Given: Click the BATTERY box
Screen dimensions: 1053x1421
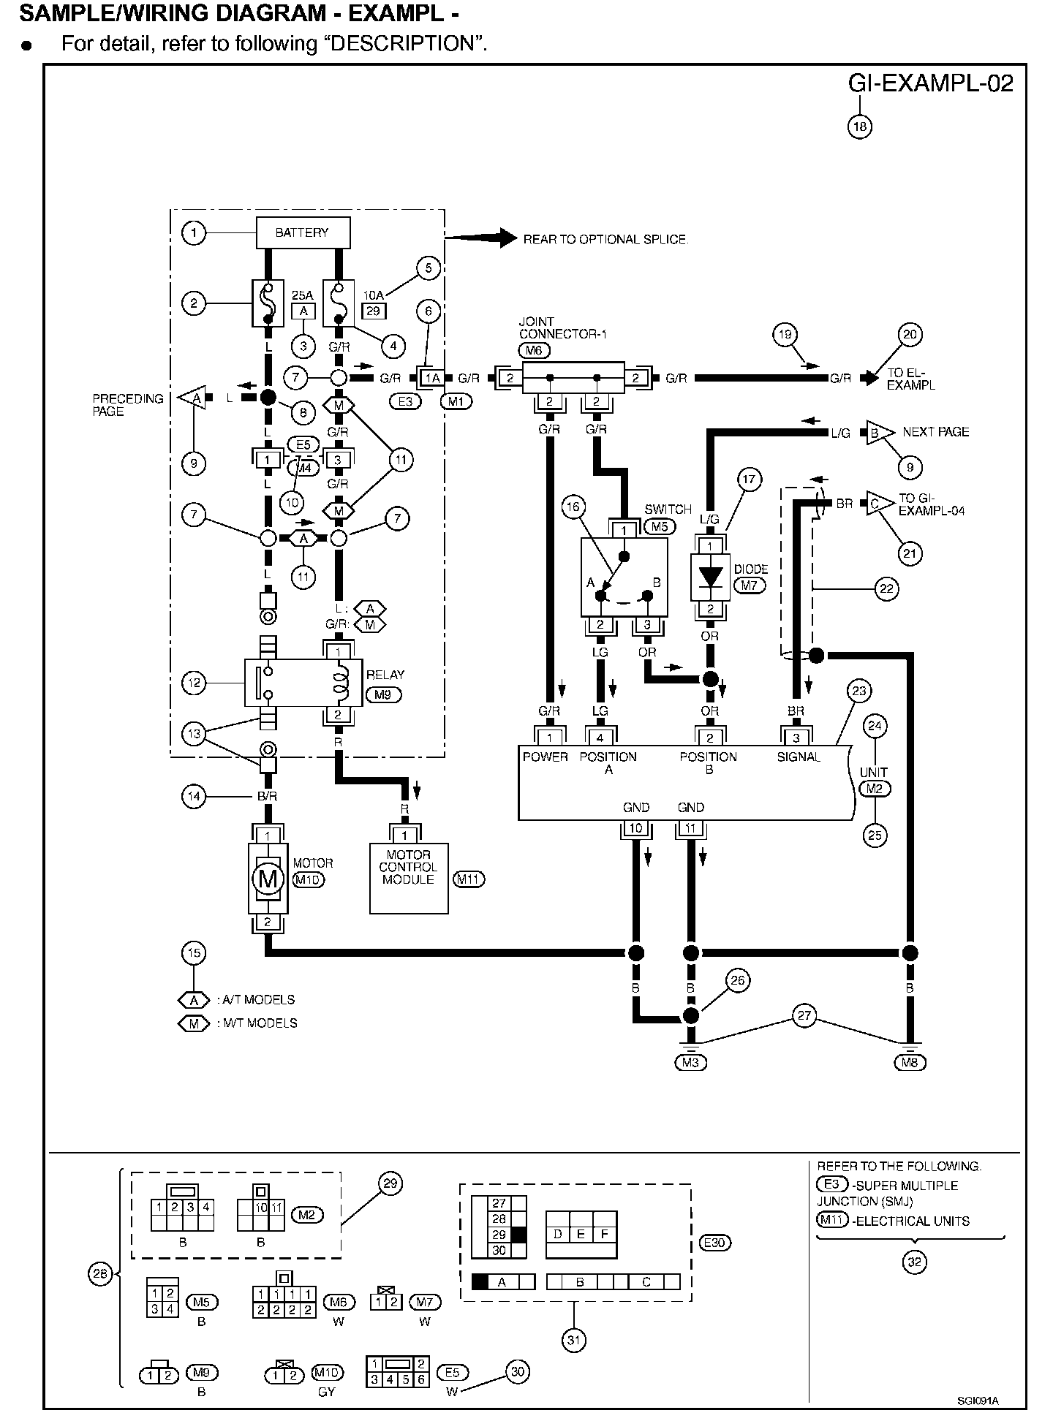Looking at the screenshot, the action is (x=302, y=233).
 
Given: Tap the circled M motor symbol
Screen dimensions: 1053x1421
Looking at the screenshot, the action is (x=268, y=878).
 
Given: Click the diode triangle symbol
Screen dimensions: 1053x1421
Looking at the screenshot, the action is (x=709, y=577).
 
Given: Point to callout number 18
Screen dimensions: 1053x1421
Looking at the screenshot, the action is (x=860, y=126).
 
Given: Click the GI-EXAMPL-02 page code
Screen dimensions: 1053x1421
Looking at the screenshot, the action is (x=931, y=84).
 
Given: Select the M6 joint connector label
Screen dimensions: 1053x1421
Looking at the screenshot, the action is (x=535, y=350).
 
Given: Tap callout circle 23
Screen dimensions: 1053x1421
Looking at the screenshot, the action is (x=858, y=691).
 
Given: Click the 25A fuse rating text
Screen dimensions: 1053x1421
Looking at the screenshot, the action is (x=303, y=295).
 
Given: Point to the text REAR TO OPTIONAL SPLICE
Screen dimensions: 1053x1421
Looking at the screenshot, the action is (x=605, y=240).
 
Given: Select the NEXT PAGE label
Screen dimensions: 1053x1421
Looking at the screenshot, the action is (x=936, y=432).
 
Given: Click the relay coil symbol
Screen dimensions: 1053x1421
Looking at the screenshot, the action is (x=339, y=683).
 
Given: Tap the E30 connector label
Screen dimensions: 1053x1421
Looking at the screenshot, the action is (x=716, y=1242).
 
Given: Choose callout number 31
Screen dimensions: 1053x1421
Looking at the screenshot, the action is (x=574, y=1340).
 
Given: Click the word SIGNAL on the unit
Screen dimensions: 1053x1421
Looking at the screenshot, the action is (x=799, y=757).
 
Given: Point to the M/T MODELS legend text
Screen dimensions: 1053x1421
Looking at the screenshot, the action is (x=257, y=1023).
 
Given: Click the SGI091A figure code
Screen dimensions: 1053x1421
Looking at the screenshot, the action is (x=978, y=1401).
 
